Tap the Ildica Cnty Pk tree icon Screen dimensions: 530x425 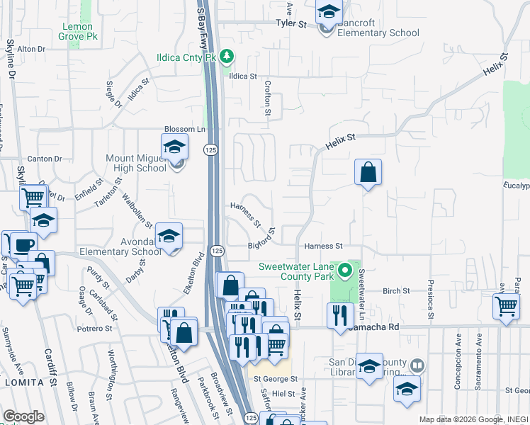[x=227, y=55]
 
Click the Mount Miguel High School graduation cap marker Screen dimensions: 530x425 [x=174, y=147]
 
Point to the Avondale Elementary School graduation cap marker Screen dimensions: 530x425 [x=169, y=237]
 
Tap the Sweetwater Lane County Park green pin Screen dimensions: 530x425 [x=345, y=270]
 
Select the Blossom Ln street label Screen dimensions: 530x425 [x=184, y=129]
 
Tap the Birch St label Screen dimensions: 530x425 [x=396, y=291]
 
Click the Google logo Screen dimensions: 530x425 [x=23, y=416]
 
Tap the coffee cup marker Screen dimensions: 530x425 [x=23, y=245]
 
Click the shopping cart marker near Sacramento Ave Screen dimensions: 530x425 [x=506, y=306]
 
